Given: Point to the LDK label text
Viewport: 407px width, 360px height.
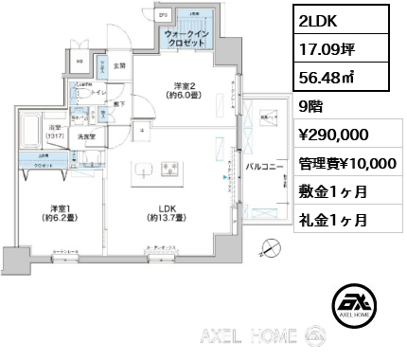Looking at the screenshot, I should point(152,213).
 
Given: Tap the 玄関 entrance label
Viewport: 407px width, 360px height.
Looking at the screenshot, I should point(120,66).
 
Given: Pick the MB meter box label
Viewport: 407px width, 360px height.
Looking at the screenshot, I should point(80,63).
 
